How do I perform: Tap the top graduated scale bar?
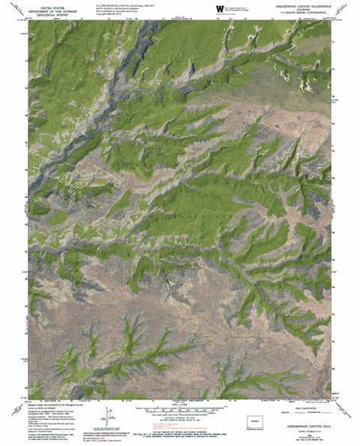tap(180, 409)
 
